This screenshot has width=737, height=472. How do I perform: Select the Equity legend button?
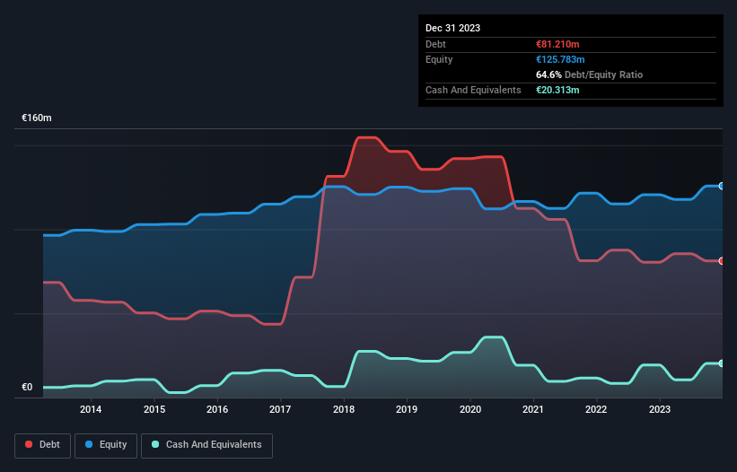coord(106,445)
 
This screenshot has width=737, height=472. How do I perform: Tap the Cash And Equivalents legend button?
coord(206,445)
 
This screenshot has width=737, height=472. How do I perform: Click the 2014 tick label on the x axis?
coord(91,410)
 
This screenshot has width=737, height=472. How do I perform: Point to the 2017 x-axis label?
coord(281,410)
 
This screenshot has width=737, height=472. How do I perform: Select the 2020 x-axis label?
coord(470,410)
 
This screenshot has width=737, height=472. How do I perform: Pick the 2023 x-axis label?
coord(660,410)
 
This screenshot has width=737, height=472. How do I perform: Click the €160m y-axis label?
coord(37,118)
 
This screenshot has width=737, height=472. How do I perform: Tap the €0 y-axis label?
coord(27,388)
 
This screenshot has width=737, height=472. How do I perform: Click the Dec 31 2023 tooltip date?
coord(452,28)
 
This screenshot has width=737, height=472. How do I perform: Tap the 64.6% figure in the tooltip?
coord(548,74)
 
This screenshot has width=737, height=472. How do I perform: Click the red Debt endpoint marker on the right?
coord(722,261)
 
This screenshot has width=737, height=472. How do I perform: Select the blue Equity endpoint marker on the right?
coord(722,186)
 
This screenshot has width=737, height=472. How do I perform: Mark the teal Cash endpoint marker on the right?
coord(722,363)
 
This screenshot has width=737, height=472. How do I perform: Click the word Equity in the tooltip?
coord(439,59)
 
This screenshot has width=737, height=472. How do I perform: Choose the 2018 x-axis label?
coord(344,410)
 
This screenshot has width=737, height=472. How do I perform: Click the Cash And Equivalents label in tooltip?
coord(473,90)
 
